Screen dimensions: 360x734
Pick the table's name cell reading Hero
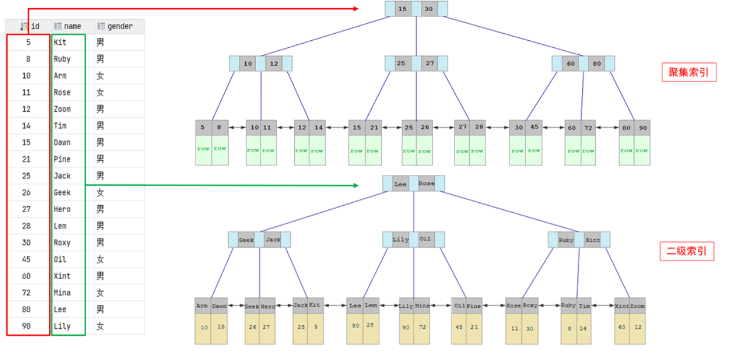point(62,209)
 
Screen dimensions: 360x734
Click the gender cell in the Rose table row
point(100,93)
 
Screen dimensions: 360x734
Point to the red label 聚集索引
point(688,73)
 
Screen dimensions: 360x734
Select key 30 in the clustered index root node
point(428,9)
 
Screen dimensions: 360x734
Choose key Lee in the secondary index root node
point(401,184)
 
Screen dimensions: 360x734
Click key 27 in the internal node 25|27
point(430,63)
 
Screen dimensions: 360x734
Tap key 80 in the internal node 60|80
point(596,63)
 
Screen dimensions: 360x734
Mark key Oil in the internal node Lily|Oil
point(426,239)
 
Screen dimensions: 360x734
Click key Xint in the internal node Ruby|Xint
point(593,240)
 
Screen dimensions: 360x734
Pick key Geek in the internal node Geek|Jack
point(246,240)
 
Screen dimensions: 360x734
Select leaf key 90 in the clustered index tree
point(642,128)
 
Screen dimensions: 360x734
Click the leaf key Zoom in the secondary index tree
point(638,306)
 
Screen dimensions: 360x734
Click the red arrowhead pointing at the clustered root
point(355,9)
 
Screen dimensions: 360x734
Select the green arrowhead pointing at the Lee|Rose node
point(355,185)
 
